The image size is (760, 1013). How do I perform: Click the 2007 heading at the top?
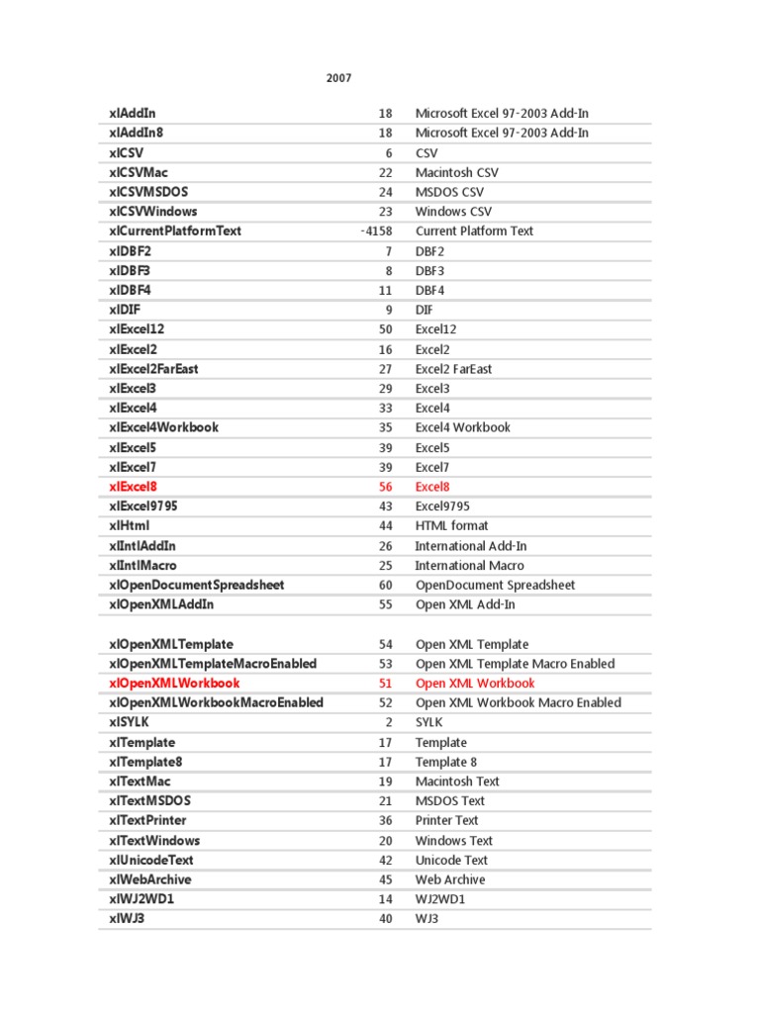point(338,78)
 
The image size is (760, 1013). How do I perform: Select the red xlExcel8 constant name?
point(134,487)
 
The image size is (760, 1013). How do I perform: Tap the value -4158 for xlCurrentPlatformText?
point(376,231)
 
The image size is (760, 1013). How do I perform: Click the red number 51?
point(386,684)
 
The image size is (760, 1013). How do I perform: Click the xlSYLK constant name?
point(130,722)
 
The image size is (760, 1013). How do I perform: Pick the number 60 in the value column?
point(386,585)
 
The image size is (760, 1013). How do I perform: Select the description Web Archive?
point(450,879)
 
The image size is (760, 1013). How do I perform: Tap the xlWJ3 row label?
point(128,918)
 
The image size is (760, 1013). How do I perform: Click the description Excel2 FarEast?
point(453,369)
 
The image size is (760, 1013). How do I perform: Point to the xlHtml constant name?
point(130,526)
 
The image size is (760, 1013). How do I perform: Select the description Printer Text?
point(446,820)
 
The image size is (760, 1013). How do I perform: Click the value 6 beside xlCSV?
point(389,153)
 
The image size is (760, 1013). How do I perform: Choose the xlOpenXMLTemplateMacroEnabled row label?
point(213,664)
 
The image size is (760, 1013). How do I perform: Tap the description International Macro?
point(469,566)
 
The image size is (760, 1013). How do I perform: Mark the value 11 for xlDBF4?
point(386,291)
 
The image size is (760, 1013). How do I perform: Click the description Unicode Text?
point(451,860)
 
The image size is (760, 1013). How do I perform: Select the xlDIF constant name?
point(125,310)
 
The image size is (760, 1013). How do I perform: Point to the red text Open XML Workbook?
point(475,684)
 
